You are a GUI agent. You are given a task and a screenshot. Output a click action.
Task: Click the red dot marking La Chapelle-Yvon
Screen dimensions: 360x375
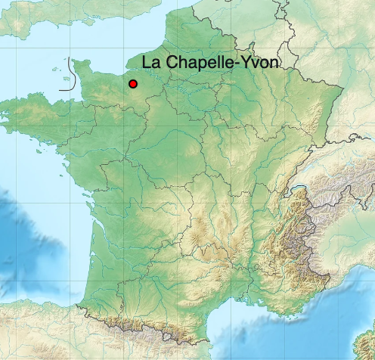point(133,84)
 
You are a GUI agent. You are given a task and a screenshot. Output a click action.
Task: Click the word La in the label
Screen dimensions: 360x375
point(150,64)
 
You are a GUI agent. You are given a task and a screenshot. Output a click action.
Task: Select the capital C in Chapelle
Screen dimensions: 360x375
point(168,64)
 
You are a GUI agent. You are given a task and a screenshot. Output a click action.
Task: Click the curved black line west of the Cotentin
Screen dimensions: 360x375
point(70,76)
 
